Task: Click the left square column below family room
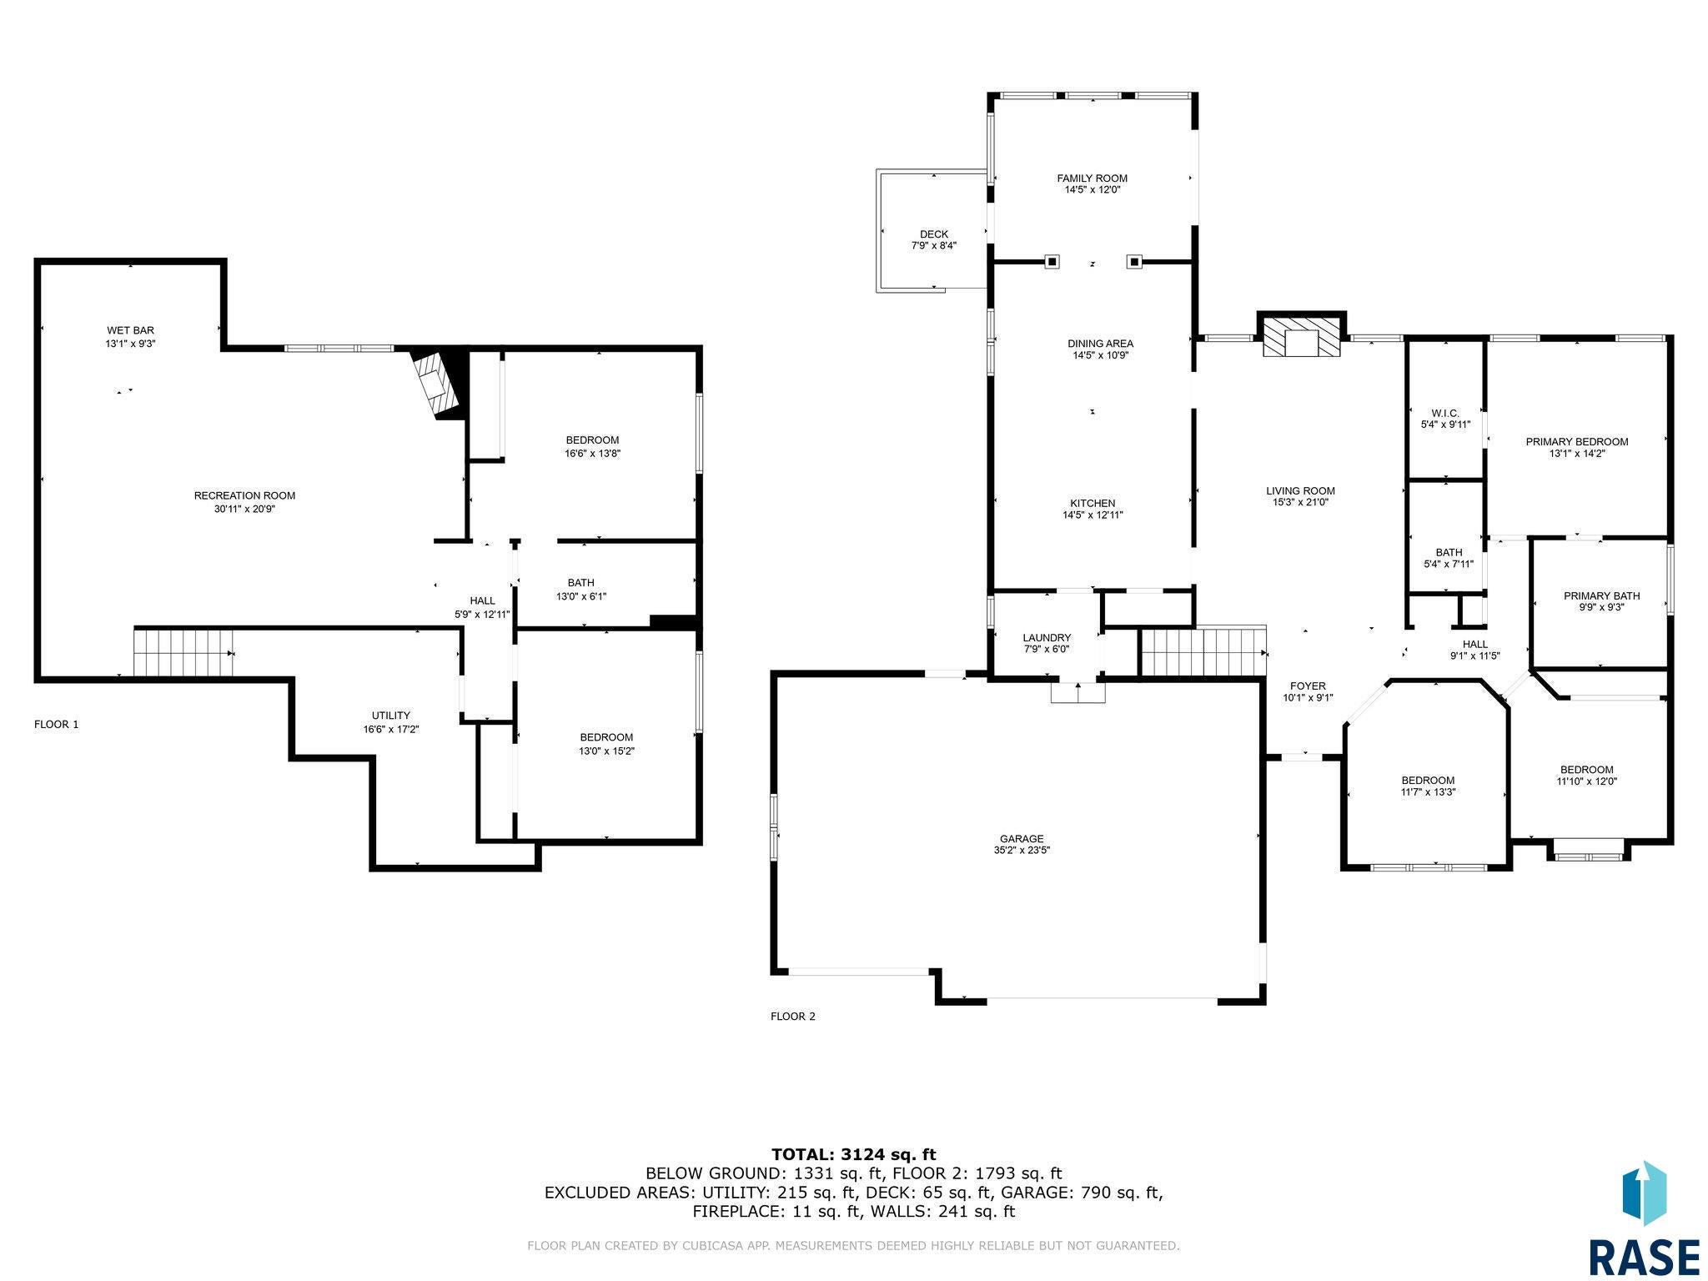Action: click(1052, 262)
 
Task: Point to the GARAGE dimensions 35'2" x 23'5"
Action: click(1022, 851)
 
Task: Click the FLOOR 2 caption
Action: click(792, 1017)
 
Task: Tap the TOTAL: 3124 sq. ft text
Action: click(853, 1155)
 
